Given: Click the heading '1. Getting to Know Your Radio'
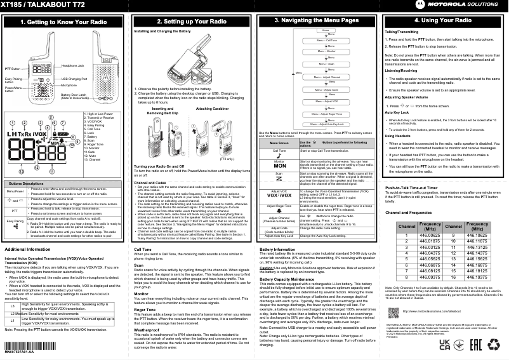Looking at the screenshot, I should point(63,22).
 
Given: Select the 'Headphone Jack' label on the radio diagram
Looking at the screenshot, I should point(73,65).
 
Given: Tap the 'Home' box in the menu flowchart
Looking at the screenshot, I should point(324,30).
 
